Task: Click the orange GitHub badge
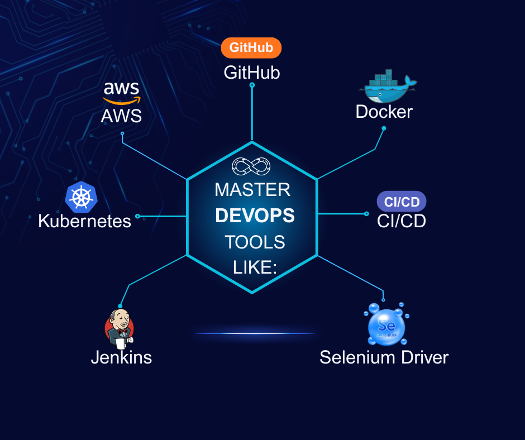pos(251,47)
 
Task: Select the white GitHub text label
pos(252,73)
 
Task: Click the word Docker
pos(384,112)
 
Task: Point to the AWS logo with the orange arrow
pos(121,92)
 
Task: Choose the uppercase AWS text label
pos(121,116)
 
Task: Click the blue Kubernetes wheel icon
pos(82,197)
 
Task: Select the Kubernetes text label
pos(84,221)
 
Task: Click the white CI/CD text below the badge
pos(401,221)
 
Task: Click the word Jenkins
pos(121,357)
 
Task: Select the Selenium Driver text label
pos(384,357)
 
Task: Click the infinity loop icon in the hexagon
pos(251,166)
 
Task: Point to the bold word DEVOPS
pos(255,216)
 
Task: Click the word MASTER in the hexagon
pos(252,190)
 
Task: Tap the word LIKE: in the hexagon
pos(255,267)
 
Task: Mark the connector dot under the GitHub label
pos(252,85)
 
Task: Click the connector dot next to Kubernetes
pos(137,216)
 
